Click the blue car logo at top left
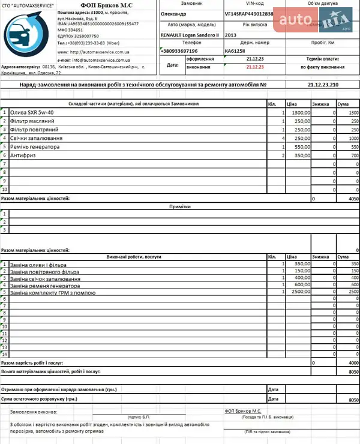[28, 36]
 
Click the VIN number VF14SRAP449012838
[249, 13]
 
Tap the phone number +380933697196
[179, 51]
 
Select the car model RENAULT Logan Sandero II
[188, 35]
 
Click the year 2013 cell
[231, 35]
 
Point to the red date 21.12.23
[254, 67]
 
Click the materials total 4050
[353, 197]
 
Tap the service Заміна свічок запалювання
[45, 278]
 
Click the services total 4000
[353, 363]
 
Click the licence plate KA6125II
[235, 51]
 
